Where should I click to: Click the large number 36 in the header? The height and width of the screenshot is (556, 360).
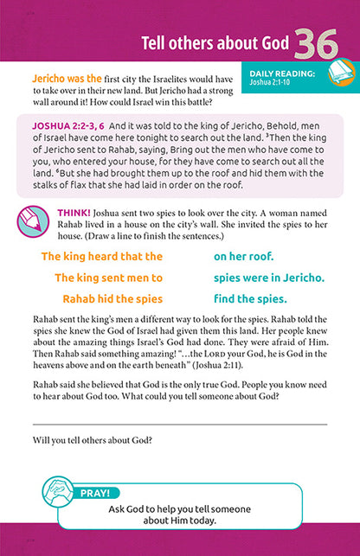tap(320, 44)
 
